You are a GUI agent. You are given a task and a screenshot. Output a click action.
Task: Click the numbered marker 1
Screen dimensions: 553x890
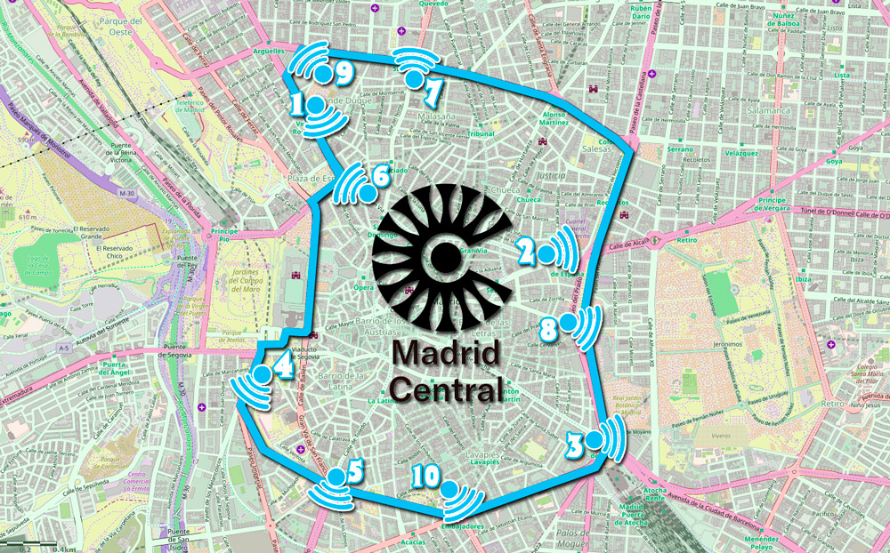click(299, 106)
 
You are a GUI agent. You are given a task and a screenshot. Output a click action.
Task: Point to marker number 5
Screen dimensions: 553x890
click(355, 470)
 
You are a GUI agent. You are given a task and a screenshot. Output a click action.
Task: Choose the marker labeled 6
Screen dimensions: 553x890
click(380, 176)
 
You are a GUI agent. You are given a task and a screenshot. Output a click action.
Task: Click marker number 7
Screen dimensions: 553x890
click(433, 91)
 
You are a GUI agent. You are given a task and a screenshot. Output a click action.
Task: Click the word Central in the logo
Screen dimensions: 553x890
click(444, 389)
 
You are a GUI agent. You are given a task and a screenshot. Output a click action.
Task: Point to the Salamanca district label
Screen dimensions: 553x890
click(769, 110)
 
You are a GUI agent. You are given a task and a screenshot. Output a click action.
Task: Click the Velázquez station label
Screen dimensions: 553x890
click(740, 153)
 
